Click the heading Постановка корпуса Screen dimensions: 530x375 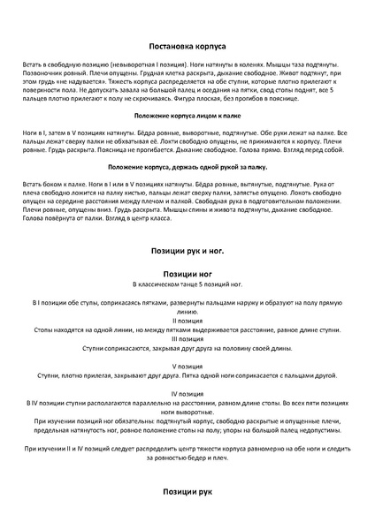187,43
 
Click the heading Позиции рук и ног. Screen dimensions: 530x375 187,251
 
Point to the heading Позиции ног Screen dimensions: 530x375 187,274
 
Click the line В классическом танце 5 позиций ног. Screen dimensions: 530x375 187,286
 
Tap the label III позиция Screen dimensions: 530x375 187,338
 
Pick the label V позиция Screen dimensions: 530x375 187,365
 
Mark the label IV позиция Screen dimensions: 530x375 187,391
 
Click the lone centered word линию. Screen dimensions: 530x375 187,311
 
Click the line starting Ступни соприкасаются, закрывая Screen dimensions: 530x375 187,348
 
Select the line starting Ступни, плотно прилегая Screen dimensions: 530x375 187,375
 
